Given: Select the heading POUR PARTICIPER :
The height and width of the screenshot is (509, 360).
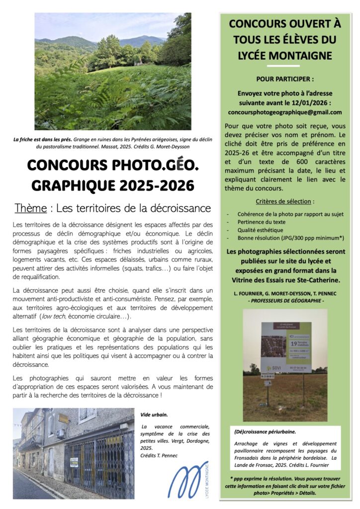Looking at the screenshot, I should pos(285,79).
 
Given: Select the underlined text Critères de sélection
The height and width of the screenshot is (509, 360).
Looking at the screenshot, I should pos(284,201).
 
